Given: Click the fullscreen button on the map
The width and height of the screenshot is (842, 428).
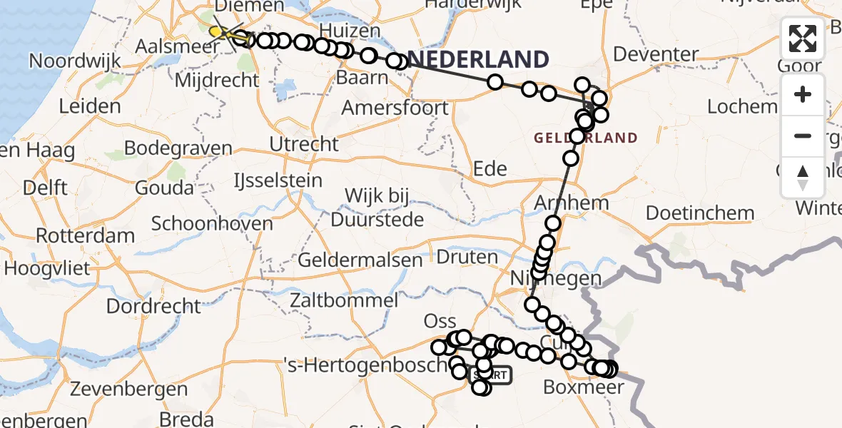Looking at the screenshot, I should [x=803, y=39].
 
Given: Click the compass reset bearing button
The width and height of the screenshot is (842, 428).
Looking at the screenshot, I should [x=803, y=177].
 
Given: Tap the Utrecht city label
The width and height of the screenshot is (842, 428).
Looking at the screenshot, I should [x=304, y=143].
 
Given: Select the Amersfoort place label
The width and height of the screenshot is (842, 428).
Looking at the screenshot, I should [x=395, y=108].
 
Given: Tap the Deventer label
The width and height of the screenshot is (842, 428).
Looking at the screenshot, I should [x=655, y=54].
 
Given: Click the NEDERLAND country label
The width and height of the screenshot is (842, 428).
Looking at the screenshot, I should [x=478, y=59].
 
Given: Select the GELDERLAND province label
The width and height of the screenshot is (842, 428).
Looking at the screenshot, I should [x=585, y=138].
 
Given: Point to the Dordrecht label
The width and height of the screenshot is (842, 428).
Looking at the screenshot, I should [x=153, y=306].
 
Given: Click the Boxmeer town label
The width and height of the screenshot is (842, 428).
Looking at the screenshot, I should [x=584, y=387].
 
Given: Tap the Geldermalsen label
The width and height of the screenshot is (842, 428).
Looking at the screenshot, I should [x=360, y=260].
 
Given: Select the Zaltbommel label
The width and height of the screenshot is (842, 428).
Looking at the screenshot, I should [x=344, y=300].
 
